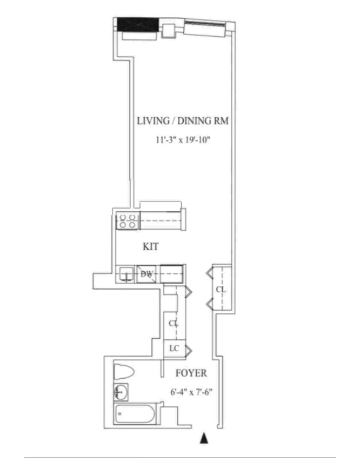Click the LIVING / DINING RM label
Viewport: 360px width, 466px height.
[183, 121]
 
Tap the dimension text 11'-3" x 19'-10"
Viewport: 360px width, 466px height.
[183, 140]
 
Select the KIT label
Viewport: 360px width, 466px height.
[151, 247]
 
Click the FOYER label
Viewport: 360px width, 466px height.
[191, 373]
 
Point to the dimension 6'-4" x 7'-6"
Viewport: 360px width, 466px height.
[191, 392]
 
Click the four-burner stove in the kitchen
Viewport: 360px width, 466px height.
[128, 221]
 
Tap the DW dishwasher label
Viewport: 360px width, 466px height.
[146, 274]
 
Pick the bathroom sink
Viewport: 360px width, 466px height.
[121, 392]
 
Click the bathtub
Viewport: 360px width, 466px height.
[135, 414]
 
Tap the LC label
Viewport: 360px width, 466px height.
[174, 348]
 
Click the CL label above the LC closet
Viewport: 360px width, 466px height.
[173, 323]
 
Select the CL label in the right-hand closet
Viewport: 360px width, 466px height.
[221, 290]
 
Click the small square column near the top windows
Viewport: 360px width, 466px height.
[168, 31]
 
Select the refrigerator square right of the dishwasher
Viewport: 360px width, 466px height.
[172, 274]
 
